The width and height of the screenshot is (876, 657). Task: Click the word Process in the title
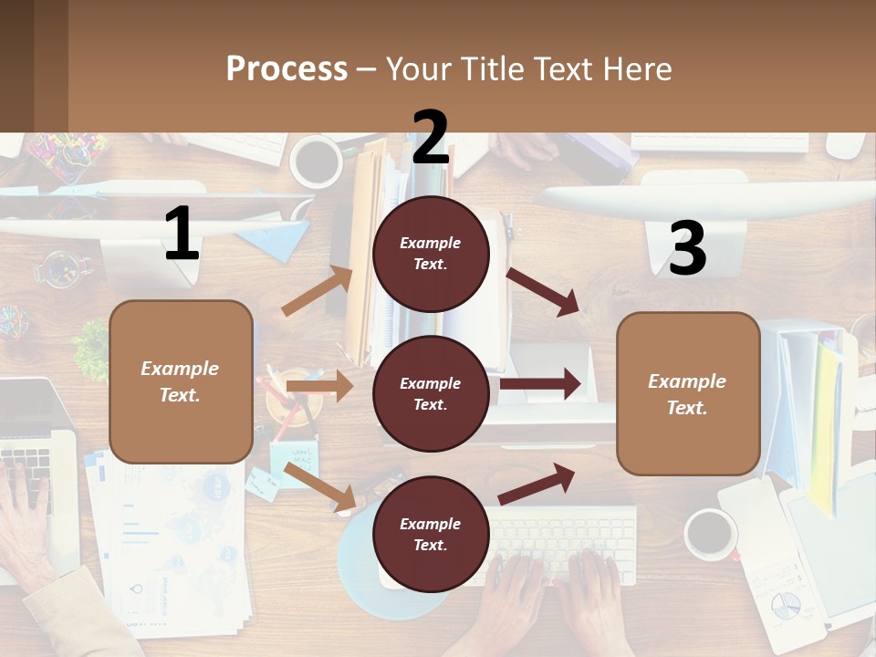287,69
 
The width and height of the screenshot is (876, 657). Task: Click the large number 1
182,235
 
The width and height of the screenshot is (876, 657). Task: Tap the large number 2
431,138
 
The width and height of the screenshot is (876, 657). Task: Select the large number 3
687,249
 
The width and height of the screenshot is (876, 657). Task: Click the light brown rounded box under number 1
181,381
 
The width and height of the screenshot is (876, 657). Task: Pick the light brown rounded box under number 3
688,394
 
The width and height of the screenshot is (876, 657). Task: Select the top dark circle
431,254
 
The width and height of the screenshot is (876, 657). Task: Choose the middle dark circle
431,394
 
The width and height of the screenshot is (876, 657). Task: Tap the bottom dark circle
431,535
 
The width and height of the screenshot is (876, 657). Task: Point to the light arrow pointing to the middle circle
319,387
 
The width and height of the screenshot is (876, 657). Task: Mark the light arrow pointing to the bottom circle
320,486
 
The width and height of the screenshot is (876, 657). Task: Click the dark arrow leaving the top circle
543,292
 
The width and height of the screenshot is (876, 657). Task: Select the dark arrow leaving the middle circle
539,384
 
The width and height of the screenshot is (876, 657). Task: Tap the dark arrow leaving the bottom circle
537,484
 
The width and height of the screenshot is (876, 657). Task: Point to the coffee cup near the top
316,161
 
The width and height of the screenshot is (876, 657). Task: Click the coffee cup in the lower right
711,534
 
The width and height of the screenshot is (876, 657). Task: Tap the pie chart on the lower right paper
786,604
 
